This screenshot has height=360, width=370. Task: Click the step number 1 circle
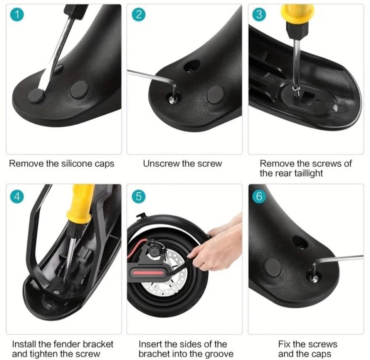click(17, 14)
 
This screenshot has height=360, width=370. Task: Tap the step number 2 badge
click(138, 14)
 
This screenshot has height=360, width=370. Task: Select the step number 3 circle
click(259, 14)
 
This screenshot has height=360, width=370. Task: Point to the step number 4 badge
click(17, 196)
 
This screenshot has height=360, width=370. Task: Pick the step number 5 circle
click(138, 196)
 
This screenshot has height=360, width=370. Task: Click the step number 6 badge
click(259, 196)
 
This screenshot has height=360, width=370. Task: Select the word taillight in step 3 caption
click(308, 173)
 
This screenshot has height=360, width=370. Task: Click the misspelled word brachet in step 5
click(154, 354)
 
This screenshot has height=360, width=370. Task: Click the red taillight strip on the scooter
click(148, 273)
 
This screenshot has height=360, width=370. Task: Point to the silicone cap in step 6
click(273, 267)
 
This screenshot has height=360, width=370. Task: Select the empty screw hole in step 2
click(192, 66)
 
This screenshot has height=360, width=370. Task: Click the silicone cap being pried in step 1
click(37, 95)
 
